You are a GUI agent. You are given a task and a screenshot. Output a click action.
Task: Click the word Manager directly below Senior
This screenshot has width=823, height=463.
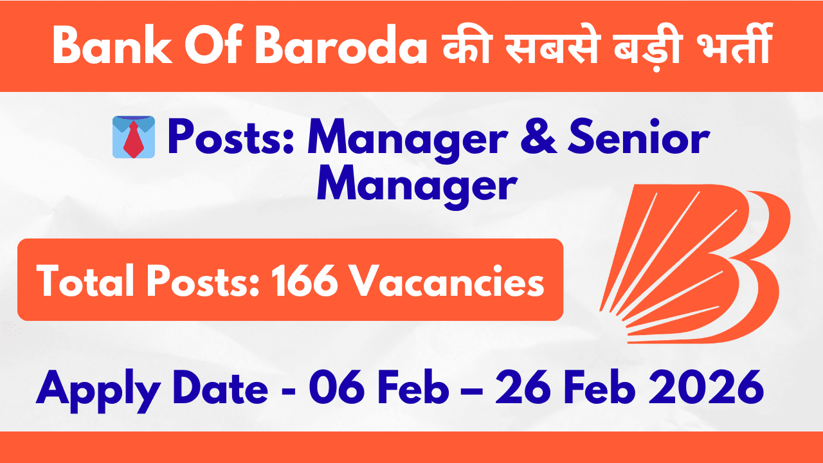[418, 185]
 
